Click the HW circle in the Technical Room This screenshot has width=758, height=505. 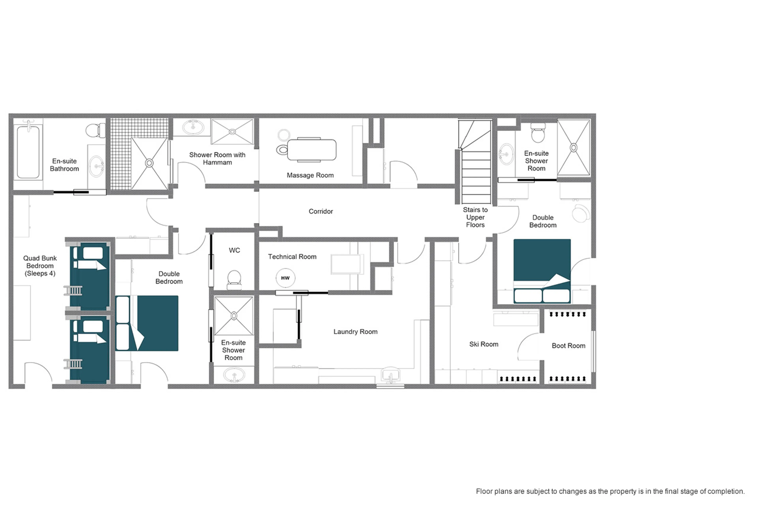coord(285,278)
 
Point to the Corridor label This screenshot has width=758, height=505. coord(321,212)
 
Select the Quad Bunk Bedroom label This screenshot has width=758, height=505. coord(40,266)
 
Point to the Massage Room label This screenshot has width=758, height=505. coord(310,175)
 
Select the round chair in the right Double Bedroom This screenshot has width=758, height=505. coord(581,213)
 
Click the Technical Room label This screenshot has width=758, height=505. coord(292,257)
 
